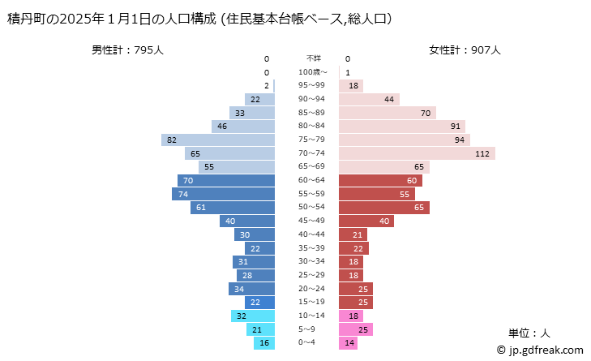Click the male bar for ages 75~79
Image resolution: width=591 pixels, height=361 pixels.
click(218, 140)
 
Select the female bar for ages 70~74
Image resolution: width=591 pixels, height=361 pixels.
click(417, 153)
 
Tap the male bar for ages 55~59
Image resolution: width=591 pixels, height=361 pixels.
click(224, 194)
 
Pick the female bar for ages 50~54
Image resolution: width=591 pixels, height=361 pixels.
click(383, 208)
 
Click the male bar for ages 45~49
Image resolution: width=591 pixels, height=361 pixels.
click(247, 221)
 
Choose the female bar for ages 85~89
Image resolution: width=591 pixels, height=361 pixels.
click(387, 113)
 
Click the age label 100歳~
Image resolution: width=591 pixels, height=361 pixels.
click(313, 72)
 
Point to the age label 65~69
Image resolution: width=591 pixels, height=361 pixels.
click(313, 167)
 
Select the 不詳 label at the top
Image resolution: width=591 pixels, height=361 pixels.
click(313, 58)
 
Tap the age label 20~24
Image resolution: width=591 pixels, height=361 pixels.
click(313, 289)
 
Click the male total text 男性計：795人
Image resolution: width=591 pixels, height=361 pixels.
click(128, 49)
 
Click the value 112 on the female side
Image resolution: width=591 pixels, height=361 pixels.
click(484, 153)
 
